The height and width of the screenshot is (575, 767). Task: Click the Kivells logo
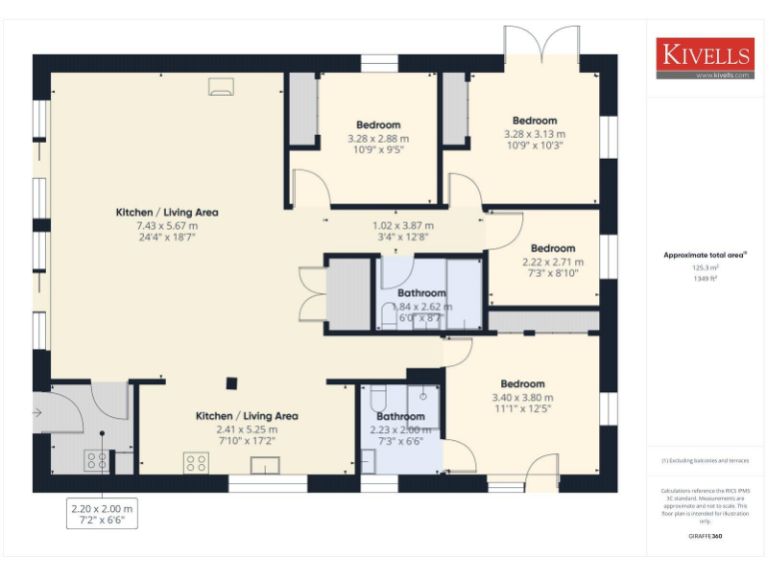point(704,56)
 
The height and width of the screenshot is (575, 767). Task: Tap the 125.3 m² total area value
point(705,268)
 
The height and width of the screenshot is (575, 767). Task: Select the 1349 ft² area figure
point(705,279)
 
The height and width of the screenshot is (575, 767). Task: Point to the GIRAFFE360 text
point(705,536)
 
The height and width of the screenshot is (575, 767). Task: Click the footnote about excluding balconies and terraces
point(705,460)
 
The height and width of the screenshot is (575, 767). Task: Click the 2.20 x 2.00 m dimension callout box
point(101,514)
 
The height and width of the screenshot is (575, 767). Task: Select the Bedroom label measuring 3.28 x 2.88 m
point(378,125)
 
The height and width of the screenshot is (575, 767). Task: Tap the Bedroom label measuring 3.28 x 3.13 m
point(534,121)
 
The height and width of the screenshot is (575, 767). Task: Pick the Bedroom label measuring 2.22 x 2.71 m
point(552,249)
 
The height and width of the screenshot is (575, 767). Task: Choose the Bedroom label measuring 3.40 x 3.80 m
point(522,384)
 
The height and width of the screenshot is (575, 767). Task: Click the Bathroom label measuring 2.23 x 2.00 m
point(400,416)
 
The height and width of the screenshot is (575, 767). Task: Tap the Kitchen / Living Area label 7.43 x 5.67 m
point(167,213)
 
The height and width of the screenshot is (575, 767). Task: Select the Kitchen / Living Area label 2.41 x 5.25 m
point(247,415)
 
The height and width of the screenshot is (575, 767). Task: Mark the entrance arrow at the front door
point(38,411)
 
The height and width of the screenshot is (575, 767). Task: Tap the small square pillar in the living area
point(232,381)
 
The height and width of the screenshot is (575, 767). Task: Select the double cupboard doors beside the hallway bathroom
point(313,293)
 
